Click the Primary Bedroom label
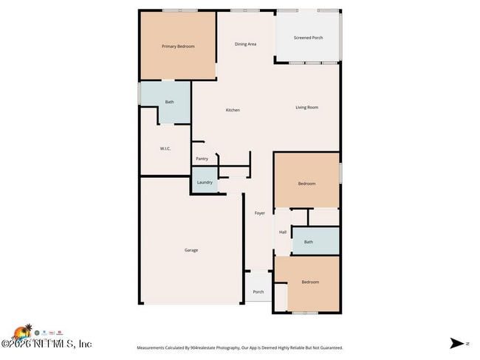[178, 46]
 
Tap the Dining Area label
[245, 44]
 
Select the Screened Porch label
[308, 38]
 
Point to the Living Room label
[306, 108]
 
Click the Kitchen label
[233, 110]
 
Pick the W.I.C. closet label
[165, 148]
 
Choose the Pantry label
[202, 159]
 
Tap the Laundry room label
[205, 182]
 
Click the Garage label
[191, 250]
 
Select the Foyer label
[260, 213]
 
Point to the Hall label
[283, 232]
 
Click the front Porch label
[258, 291]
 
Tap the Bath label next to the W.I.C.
[169, 102]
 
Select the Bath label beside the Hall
[309, 242]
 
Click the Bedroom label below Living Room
[306, 184]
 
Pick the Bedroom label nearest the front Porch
[310, 282]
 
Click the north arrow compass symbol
[458, 343]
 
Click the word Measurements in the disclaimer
[153, 347]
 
